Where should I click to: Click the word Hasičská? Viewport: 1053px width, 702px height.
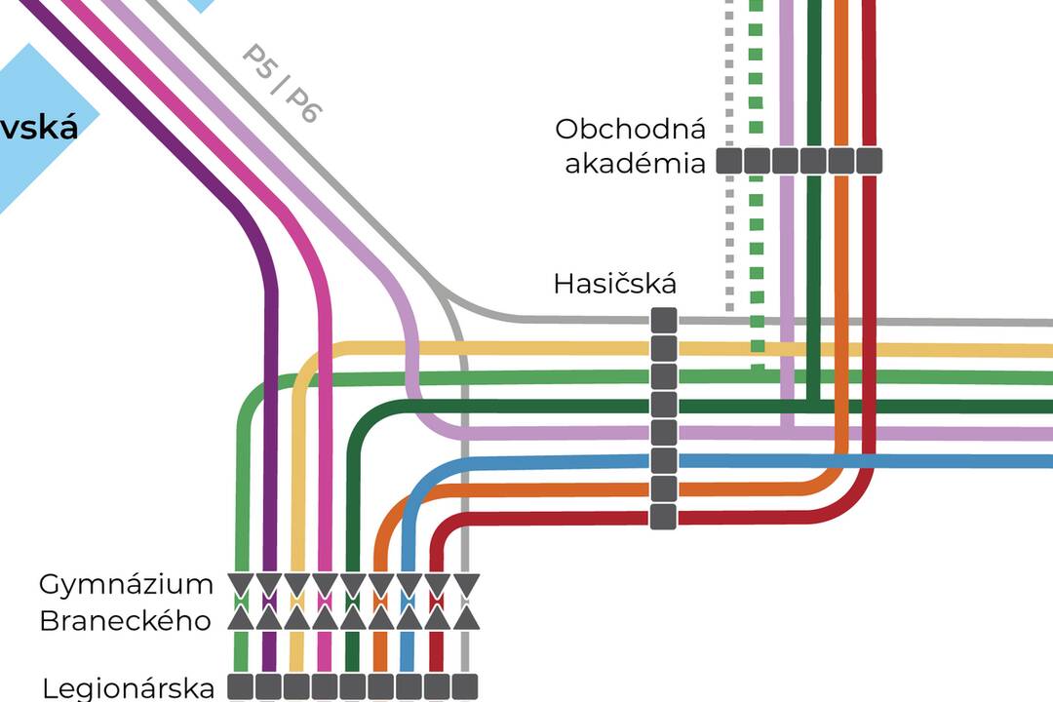pos(614,284)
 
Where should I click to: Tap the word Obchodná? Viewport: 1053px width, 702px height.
pos(630,129)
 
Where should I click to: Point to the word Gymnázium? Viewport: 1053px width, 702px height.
pos(126,584)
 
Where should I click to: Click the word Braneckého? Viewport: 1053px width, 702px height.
pos(126,620)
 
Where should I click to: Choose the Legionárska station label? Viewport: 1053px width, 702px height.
pos(128,687)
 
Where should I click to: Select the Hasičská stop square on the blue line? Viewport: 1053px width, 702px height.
pos(663,460)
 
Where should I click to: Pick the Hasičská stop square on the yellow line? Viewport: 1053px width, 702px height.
pos(663,348)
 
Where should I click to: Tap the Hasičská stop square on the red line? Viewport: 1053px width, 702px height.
pos(663,516)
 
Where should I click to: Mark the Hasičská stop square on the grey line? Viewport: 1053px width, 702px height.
pos(663,320)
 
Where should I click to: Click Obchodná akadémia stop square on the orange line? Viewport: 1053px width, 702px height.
pos(841,161)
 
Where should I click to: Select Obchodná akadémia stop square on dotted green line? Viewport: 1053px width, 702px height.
pos(758,161)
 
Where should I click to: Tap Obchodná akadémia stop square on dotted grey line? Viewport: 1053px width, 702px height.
pos(729,161)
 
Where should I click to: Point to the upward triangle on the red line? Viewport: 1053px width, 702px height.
pos(438,617)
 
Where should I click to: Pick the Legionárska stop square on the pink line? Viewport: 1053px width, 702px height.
pos(325,685)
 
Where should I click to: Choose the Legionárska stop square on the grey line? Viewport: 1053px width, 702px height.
pos(465,685)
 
